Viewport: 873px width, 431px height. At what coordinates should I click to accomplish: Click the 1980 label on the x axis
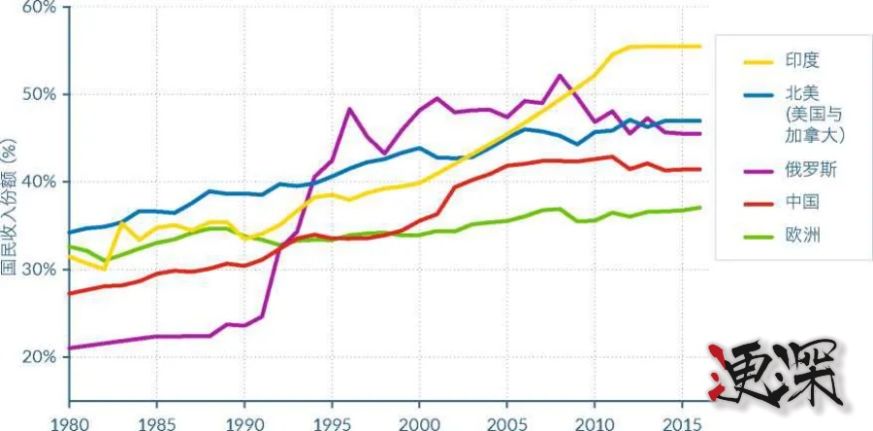(x=69, y=422)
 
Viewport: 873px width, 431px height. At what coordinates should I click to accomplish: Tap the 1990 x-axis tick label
(x=243, y=422)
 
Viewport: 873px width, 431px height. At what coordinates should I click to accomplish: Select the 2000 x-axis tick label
(x=418, y=422)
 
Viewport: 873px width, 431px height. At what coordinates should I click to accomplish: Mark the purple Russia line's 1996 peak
(x=348, y=109)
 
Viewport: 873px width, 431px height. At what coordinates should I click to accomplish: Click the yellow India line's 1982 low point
(x=104, y=269)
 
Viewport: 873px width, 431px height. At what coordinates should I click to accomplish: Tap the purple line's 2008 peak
(x=559, y=76)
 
